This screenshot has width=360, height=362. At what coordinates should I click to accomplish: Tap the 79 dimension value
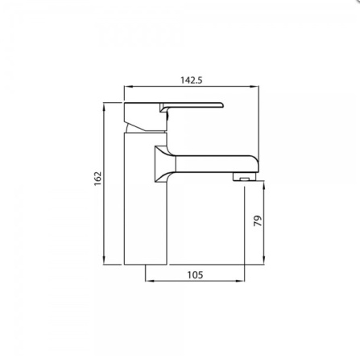(259, 221)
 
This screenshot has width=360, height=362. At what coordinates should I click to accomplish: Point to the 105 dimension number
(194, 274)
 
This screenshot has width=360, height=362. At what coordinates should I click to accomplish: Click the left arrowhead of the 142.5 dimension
(126, 88)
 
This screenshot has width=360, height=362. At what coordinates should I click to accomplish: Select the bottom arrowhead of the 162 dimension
(106, 261)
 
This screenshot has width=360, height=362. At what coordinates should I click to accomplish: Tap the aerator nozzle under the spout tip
(241, 175)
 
